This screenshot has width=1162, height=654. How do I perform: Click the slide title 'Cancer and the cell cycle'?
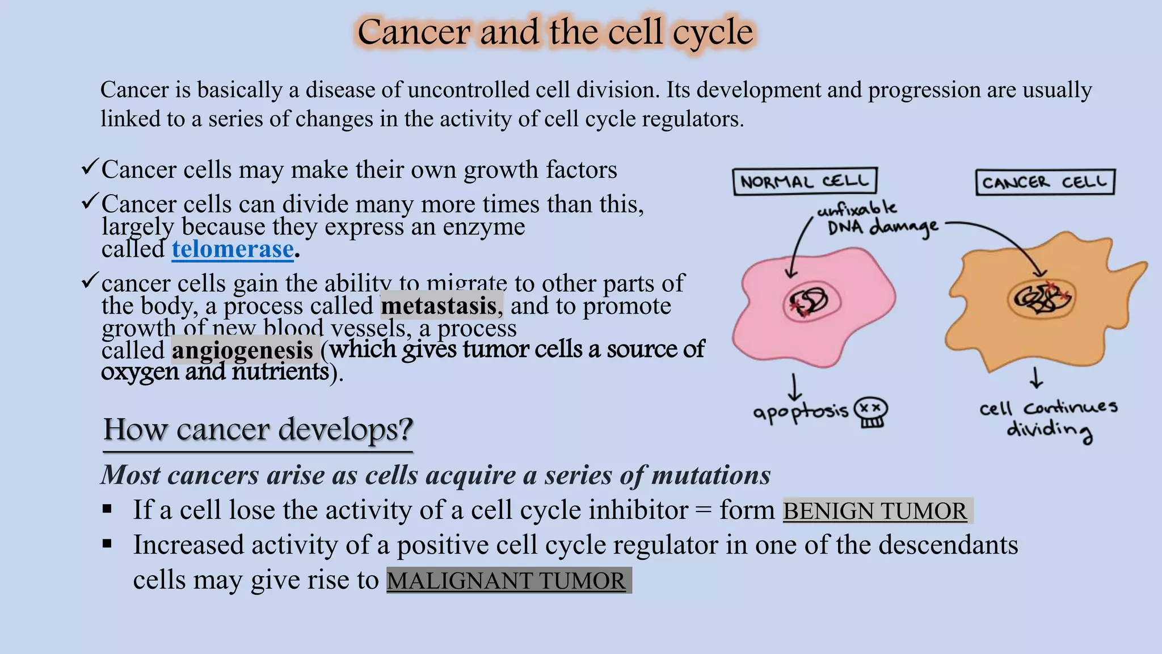(x=555, y=32)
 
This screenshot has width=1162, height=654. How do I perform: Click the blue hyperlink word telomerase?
(x=233, y=249)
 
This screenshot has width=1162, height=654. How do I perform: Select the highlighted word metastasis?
(x=439, y=306)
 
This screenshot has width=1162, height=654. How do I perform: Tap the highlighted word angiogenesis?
(x=242, y=350)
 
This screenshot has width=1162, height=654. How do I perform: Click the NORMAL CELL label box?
(x=805, y=182)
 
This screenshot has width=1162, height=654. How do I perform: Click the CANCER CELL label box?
(x=1045, y=182)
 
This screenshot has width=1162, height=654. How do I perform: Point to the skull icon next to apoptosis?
(x=871, y=412)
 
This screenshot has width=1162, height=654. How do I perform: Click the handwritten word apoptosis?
(x=800, y=411)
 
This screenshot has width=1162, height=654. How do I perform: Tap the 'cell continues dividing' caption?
(x=1049, y=419)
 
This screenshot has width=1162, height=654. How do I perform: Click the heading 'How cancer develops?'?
(x=258, y=430)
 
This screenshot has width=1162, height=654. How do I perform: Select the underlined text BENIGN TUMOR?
(x=874, y=511)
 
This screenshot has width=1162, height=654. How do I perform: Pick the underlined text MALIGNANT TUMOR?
(x=506, y=581)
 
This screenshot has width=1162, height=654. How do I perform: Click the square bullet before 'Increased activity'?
(x=107, y=544)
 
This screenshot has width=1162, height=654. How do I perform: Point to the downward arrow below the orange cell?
(x=1036, y=378)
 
